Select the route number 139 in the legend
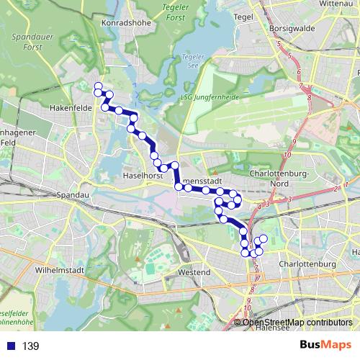31,346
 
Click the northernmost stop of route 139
99,86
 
